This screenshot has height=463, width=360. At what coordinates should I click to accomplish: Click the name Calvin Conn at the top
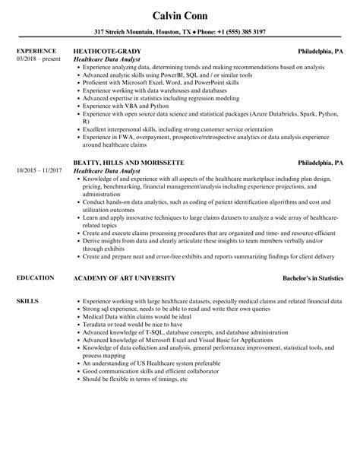(x=179, y=17)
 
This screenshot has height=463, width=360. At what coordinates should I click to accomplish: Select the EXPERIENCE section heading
(x=36, y=51)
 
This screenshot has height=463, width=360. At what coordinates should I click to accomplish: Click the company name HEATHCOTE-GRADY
(x=109, y=51)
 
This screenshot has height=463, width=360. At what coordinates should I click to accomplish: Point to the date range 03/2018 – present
(x=36, y=59)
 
